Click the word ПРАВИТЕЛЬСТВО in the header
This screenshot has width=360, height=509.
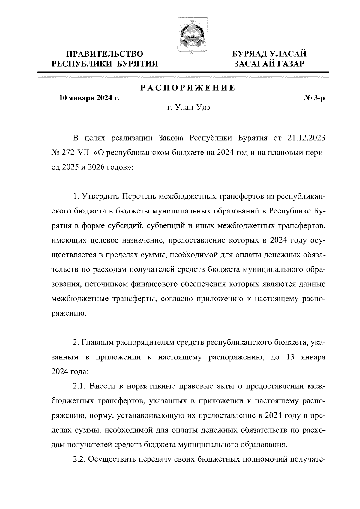[x=105, y=54]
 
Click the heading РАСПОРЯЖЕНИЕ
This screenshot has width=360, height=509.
[x=188, y=88]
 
